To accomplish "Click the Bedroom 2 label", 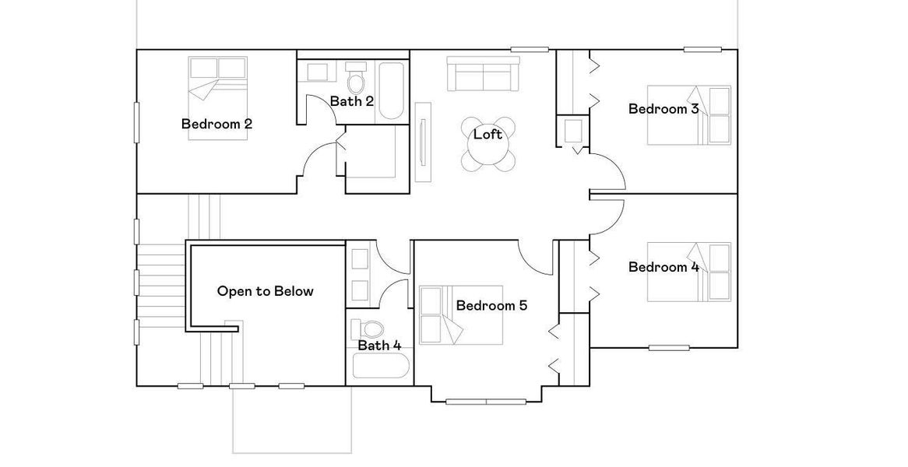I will (x=216, y=124).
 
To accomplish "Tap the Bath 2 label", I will (x=351, y=101).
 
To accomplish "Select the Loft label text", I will (x=487, y=135).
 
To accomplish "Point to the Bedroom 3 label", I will (x=663, y=109).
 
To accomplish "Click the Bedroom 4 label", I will (x=663, y=268).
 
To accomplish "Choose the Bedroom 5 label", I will (x=491, y=306).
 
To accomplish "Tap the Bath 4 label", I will (x=379, y=346).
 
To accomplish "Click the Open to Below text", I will (x=265, y=292).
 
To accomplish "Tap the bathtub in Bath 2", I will (x=391, y=92).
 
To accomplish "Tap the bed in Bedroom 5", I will (x=444, y=315).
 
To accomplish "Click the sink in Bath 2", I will (x=317, y=72).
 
